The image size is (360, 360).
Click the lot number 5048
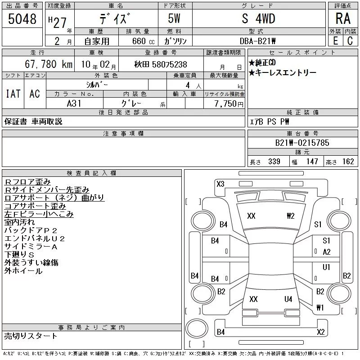coord(22,18)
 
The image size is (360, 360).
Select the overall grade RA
coord(343,18)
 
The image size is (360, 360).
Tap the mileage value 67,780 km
coord(49,64)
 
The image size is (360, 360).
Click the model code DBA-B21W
coord(257,41)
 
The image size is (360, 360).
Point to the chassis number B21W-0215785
coord(302,143)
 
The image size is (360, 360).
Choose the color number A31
coord(74,103)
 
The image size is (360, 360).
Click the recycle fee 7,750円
coord(229,104)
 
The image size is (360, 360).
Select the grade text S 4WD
coord(258,18)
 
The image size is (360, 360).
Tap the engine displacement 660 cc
coord(143,41)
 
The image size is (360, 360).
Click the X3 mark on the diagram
coord(220,184)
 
